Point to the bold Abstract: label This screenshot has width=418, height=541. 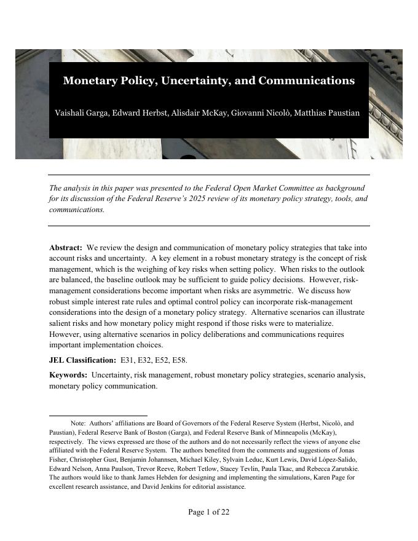[66, 247]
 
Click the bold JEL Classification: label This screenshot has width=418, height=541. [82, 360]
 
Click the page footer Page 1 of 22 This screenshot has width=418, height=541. [208, 512]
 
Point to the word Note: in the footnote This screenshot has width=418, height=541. [78, 424]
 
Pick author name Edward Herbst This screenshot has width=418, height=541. [138, 113]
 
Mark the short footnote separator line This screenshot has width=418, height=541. [98, 416]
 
